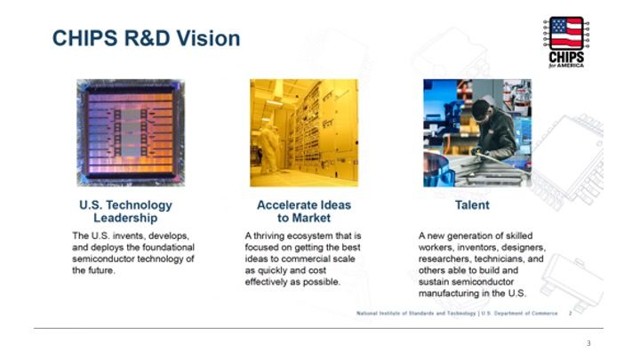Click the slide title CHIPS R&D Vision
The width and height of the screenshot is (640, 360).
tap(146, 38)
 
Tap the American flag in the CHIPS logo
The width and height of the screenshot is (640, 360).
tap(566, 34)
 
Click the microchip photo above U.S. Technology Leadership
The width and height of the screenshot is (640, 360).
tap(131, 132)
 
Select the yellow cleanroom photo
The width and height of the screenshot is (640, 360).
tap(304, 132)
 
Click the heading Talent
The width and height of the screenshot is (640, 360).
tap(472, 205)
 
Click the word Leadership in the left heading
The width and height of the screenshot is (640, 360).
tap(125, 218)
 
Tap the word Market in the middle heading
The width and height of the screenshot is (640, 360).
tap(311, 218)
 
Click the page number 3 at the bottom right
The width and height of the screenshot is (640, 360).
tap(588, 343)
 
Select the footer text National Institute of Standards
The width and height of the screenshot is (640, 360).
tap(395, 314)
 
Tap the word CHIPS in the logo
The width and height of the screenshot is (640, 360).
tap(566, 57)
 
